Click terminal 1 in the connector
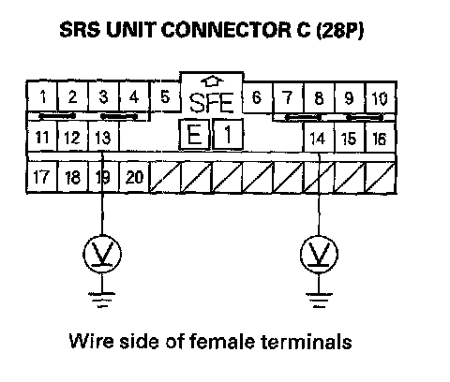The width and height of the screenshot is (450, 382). coord(42,96)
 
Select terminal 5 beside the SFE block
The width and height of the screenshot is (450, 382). coord(165,96)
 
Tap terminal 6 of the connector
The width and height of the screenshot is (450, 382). coord(257,97)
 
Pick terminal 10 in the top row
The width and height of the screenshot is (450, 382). coord(380,98)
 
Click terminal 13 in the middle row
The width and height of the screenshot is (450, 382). coord(103,137)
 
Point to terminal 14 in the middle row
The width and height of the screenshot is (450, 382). coord(319,139)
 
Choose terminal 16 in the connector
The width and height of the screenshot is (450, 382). coord(380,139)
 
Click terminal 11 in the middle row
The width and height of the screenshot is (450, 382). coord(42,137)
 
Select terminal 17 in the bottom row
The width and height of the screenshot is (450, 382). coord(42,177)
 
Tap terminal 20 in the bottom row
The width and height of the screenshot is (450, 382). coord(134,177)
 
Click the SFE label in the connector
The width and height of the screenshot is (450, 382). coord(212,103)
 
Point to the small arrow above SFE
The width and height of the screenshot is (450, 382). coord(212,81)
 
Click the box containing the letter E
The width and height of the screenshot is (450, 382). coord(194,135)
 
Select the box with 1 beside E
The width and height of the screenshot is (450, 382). coord(228,135)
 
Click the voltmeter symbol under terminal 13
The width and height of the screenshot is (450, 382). coord(102,254)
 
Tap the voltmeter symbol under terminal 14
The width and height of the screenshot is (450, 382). coord(319,254)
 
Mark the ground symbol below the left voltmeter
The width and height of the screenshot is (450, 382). coord(102,300)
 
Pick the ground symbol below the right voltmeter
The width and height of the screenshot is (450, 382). coord(319,300)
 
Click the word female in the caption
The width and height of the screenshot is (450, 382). coord(222,341)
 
